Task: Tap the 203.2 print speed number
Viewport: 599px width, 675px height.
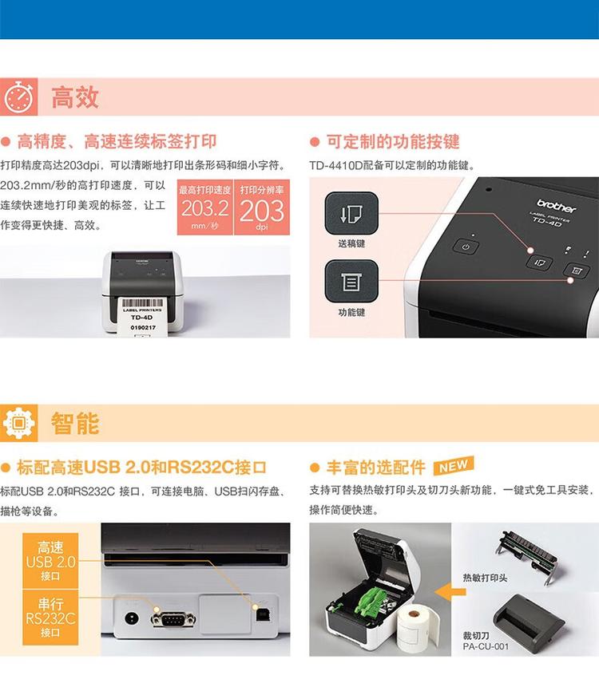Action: point(204,210)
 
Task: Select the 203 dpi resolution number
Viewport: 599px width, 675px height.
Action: point(262,211)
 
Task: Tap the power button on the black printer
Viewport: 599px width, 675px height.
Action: point(466,247)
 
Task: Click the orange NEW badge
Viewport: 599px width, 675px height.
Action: point(453,466)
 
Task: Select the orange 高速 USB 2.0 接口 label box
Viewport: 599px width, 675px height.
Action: point(50,561)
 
